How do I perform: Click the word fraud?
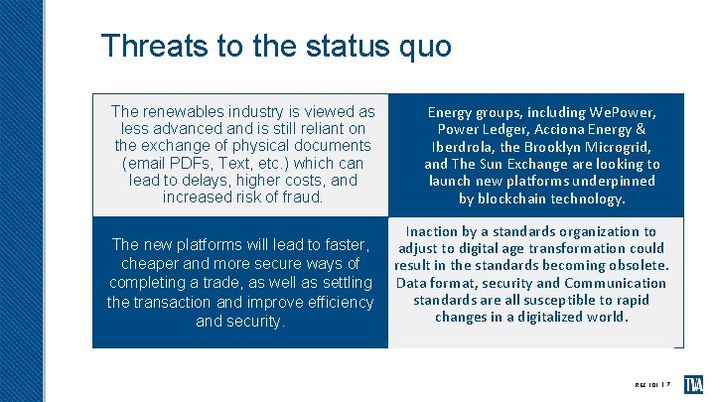click(301, 197)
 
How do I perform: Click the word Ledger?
click(512, 129)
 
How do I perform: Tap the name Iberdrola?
click(466, 147)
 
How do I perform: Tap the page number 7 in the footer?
click(669, 382)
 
